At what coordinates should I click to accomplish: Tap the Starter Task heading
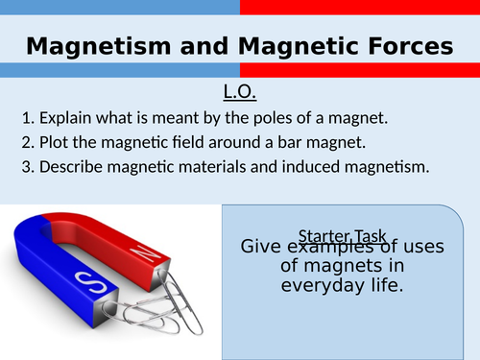[342, 235]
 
